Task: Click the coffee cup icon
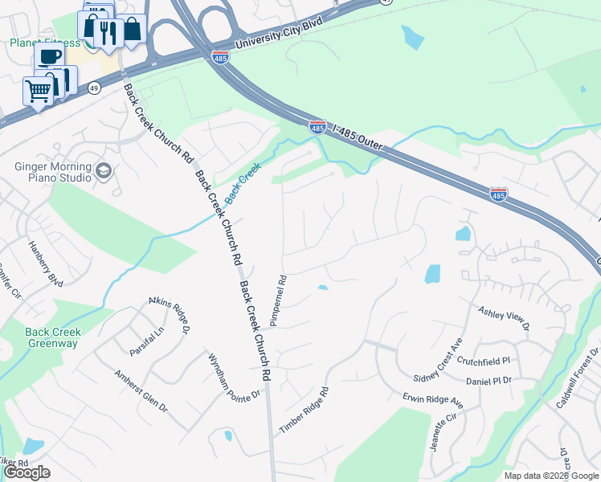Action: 49,56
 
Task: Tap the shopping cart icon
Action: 38,91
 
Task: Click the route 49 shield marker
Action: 94,88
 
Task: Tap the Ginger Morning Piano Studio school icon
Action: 103,170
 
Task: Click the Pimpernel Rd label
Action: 282,301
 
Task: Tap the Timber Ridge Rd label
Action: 305,411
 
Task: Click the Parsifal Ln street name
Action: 147,341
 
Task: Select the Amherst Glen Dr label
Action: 141,391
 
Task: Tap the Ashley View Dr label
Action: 504,317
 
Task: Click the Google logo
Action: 27,472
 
